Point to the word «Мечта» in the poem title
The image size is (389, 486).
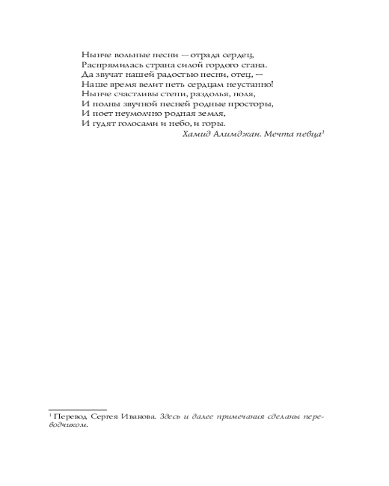tap(277, 134)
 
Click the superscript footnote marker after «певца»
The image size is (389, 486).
tap(323, 132)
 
